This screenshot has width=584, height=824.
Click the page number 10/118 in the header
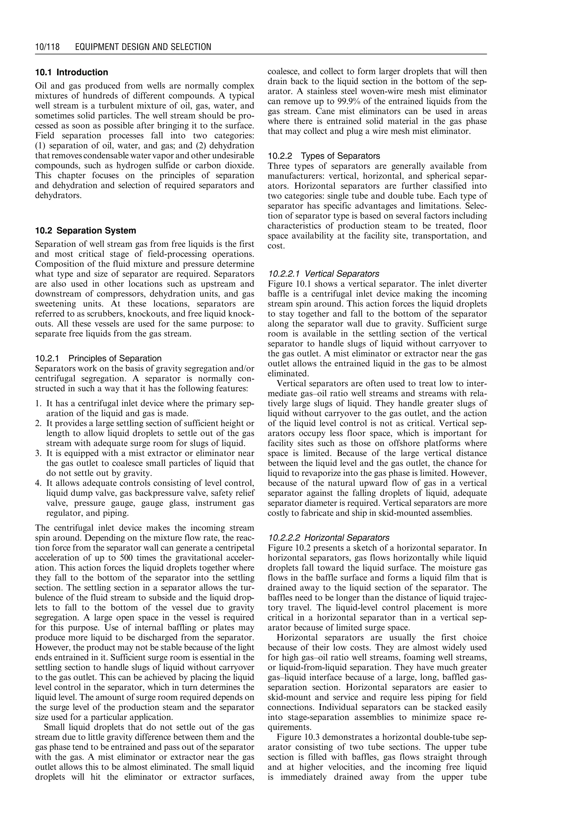[47, 47]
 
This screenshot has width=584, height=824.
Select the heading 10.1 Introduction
[71, 72]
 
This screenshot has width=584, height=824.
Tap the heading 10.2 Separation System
[86, 230]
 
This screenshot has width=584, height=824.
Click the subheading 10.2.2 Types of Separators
[324, 156]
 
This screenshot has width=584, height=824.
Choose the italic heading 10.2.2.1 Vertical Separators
[323, 274]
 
